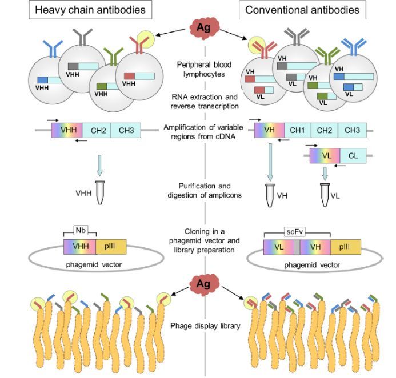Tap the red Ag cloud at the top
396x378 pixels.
tap(204, 27)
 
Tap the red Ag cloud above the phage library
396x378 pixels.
tap(204, 283)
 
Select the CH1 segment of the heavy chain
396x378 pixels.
tap(297, 131)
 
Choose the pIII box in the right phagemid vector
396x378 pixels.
tap(346, 247)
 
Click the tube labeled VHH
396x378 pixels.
tap(101, 192)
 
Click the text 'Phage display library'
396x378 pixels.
tap(204, 326)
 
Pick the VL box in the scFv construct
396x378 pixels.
tap(278, 247)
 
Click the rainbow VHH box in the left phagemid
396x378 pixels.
tap(79, 246)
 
